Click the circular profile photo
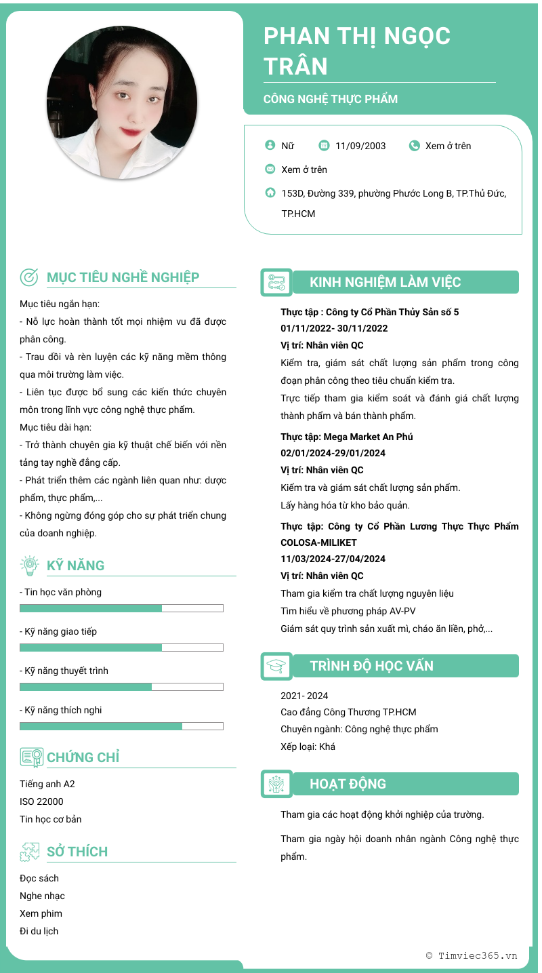(122, 102)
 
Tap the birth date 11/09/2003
(360, 146)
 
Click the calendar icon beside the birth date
(324, 145)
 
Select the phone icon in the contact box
(415, 145)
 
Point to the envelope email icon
(270, 169)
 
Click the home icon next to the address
(270, 193)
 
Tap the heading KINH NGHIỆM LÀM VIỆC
(385, 282)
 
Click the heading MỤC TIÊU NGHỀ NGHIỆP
(123, 277)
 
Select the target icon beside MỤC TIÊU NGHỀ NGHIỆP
(29, 277)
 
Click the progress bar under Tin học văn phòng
(121, 608)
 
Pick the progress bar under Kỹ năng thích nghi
(121, 726)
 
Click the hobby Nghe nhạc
(42, 896)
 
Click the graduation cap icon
(276, 666)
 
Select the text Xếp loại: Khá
(308, 747)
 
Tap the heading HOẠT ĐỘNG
(348, 784)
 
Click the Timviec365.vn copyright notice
(472, 955)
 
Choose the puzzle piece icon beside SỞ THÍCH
(30, 852)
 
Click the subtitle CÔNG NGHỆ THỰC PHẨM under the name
(331, 99)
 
